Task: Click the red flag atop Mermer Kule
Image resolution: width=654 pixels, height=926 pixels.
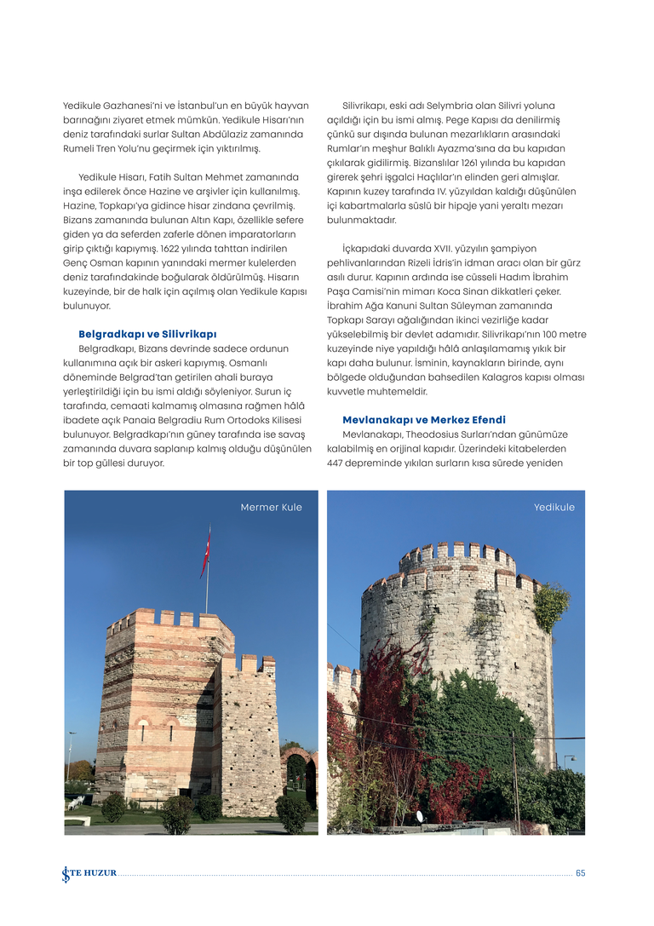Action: tap(205, 551)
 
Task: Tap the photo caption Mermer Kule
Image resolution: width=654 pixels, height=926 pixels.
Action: tap(271, 508)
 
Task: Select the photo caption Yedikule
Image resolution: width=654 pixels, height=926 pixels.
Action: tap(554, 508)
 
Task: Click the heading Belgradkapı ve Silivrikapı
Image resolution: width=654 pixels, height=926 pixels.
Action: tap(147, 334)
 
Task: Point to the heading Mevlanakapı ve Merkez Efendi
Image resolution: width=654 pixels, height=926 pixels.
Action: tap(423, 420)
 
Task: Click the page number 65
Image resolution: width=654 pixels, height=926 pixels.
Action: tap(580, 873)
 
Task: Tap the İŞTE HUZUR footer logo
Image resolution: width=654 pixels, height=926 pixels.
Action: tap(89, 873)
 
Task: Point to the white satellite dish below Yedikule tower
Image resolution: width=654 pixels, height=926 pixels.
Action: tap(418, 815)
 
